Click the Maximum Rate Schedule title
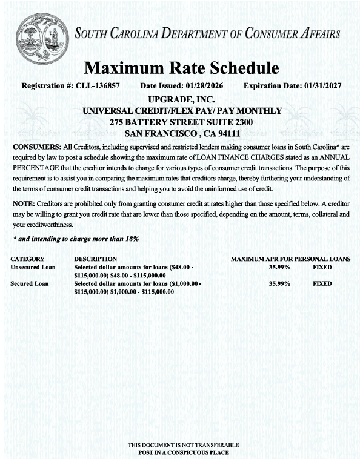pyautogui.click(x=181, y=67)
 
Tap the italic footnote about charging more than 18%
pyautogui.click(x=76, y=239)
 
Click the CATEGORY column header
pyautogui.click(x=28, y=259)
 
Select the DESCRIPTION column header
pyautogui.click(x=95, y=259)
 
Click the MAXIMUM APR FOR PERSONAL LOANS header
pyautogui.click(x=290, y=259)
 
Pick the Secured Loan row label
pyautogui.click(x=30, y=283)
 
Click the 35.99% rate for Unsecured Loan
pyautogui.click(x=279, y=267)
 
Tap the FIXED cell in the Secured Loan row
pyautogui.click(x=322, y=283)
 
